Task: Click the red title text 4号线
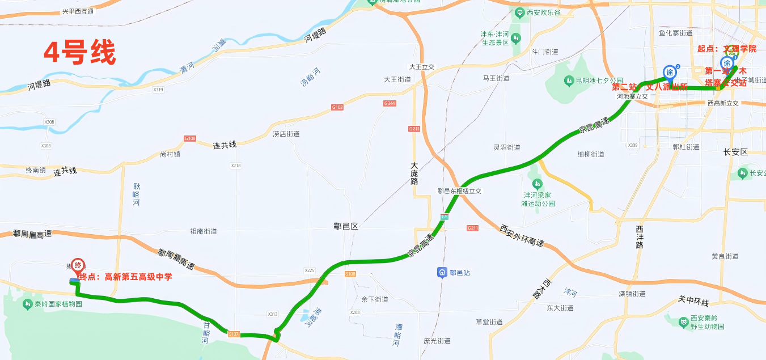tap(80, 53)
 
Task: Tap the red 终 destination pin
tap(78, 266)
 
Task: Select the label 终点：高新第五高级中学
tap(125, 277)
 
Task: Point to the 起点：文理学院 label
tap(727, 49)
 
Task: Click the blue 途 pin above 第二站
tap(670, 72)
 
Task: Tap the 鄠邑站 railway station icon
tap(441, 273)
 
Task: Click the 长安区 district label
tap(736, 153)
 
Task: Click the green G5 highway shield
tap(444, 217)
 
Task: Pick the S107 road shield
tap(234, 334)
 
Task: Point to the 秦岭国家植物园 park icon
tap(27, 304)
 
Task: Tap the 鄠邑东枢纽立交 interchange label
tap(459, 192)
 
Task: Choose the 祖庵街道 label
tap(204, 231)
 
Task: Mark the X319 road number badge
tap(158, 90)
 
